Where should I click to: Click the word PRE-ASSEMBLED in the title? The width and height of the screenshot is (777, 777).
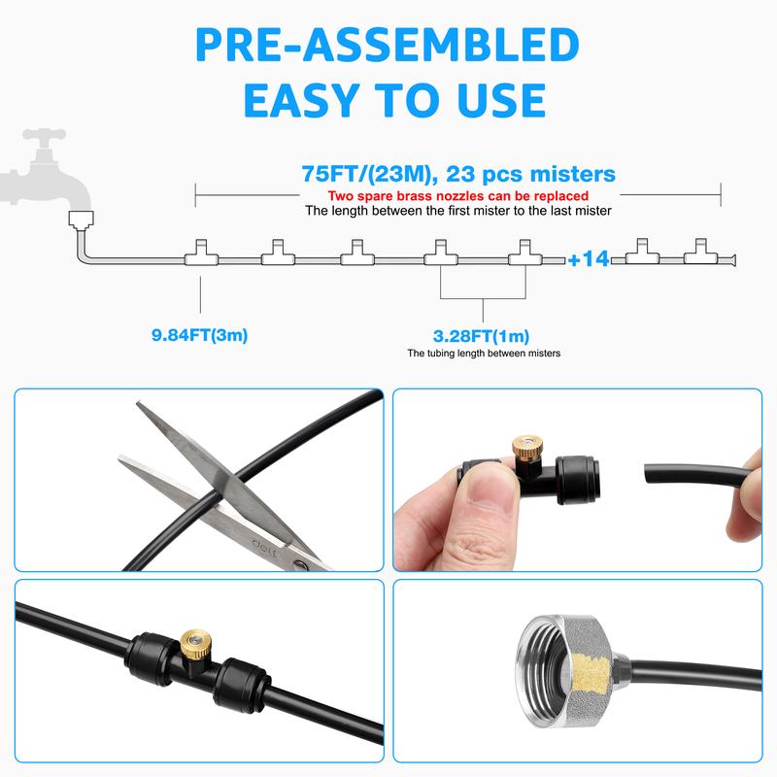(388, 45)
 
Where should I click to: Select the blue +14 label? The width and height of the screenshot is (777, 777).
(589, 258)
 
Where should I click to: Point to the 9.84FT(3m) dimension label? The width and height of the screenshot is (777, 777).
(200, 335)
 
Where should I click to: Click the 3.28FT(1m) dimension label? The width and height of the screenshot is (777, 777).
(481, 336)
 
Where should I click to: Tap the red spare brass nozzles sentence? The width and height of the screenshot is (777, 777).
(457, 196)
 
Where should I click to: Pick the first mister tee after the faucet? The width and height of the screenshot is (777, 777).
(201, 253)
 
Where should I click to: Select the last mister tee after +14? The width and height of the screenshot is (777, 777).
(700, 253)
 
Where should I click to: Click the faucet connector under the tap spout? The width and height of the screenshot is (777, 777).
(82, 220)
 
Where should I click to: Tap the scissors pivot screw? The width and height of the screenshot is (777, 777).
(300, 564)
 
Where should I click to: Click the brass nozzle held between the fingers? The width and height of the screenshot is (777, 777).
(526, 449)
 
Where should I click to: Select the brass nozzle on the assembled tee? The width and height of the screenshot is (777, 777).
(194, 644)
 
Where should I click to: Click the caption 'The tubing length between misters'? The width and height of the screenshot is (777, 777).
(484, 354)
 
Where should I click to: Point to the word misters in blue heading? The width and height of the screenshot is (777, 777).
(572, 175)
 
